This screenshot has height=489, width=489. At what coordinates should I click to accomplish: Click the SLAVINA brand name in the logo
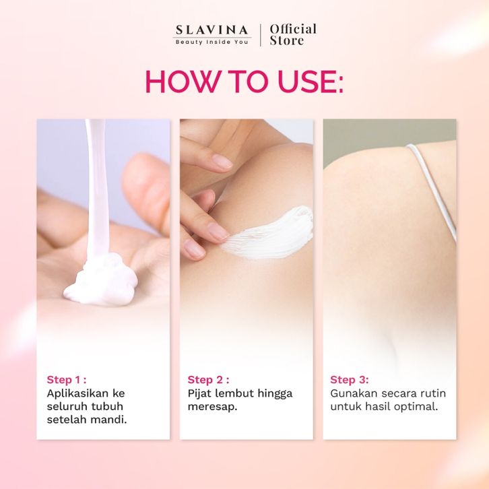coord(211,30)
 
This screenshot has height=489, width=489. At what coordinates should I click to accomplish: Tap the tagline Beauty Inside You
coord(212,42)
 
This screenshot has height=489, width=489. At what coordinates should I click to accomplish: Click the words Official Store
coord(293,34)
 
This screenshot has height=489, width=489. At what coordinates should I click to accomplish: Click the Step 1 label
coord(67,380)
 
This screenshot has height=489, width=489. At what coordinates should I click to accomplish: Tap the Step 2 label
coord(208,380)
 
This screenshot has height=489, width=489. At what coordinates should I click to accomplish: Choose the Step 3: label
coord(350,380)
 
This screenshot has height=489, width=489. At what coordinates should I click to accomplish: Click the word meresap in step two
coord(211,407)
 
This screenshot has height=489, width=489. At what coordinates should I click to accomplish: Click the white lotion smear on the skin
coord(269,233)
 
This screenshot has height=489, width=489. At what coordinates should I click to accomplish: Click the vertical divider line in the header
coord(261,35)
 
